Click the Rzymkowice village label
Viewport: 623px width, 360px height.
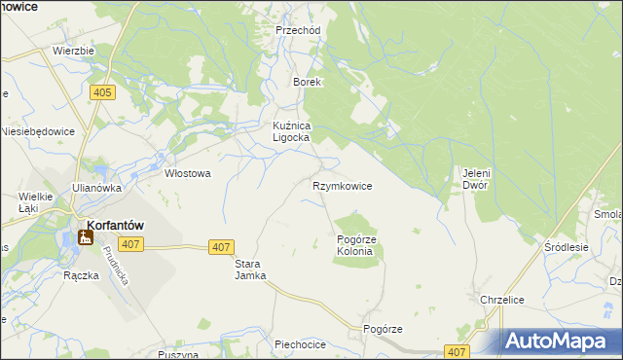342,185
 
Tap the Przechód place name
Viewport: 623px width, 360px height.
298,30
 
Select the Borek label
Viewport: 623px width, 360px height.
308,83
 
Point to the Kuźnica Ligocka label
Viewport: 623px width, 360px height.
290,131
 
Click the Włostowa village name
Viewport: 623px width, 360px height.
187,174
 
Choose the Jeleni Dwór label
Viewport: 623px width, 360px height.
475,179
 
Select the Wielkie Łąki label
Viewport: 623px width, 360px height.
28,201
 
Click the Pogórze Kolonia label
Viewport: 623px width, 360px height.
354,245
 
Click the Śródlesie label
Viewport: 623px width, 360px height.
567,247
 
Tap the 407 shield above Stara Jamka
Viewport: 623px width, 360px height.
221,248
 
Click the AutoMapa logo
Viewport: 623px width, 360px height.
560,341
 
